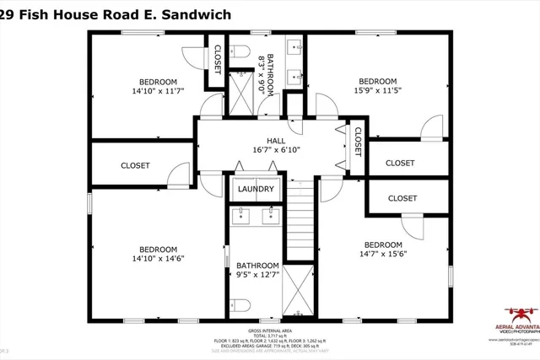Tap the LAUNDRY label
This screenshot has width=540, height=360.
(x=256, y=189)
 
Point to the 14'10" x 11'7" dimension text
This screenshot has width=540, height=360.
(x=158, y=90)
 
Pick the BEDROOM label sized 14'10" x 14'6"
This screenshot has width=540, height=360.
(x=158, y=249)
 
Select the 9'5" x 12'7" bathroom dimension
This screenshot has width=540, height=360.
(x=257, y=274)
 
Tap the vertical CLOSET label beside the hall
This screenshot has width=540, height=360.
(x=358, y=142)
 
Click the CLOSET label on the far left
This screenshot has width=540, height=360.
(x=135, y=166)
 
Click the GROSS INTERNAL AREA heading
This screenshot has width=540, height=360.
(x=270, y=331)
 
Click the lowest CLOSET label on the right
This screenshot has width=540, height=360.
(x=402, y=198)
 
